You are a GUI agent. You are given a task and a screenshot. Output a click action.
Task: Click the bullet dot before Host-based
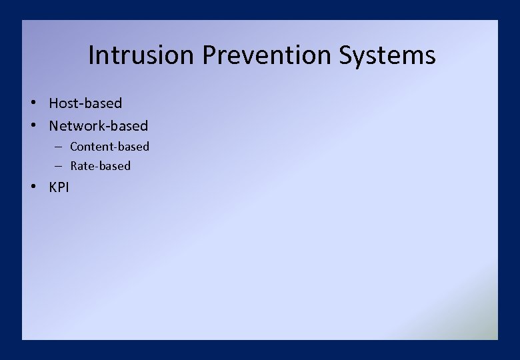click(32, 103)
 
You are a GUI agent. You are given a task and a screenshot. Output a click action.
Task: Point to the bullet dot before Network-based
click(32, 125)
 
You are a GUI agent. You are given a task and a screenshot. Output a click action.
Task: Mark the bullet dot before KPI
click(32, 187)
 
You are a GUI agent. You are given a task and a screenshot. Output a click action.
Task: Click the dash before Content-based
click(59, 147)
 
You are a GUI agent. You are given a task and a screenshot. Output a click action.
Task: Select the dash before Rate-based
click(59, 166)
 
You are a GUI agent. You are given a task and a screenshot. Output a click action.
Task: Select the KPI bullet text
click(59, 187)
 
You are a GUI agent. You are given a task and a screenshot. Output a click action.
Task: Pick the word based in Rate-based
click(115, 166)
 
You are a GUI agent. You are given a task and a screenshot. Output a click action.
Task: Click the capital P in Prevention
click(209, 55)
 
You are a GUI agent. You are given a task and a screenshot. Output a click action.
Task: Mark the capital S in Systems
click(346, 55)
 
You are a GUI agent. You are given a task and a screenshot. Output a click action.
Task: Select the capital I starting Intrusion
click(91, 55)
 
